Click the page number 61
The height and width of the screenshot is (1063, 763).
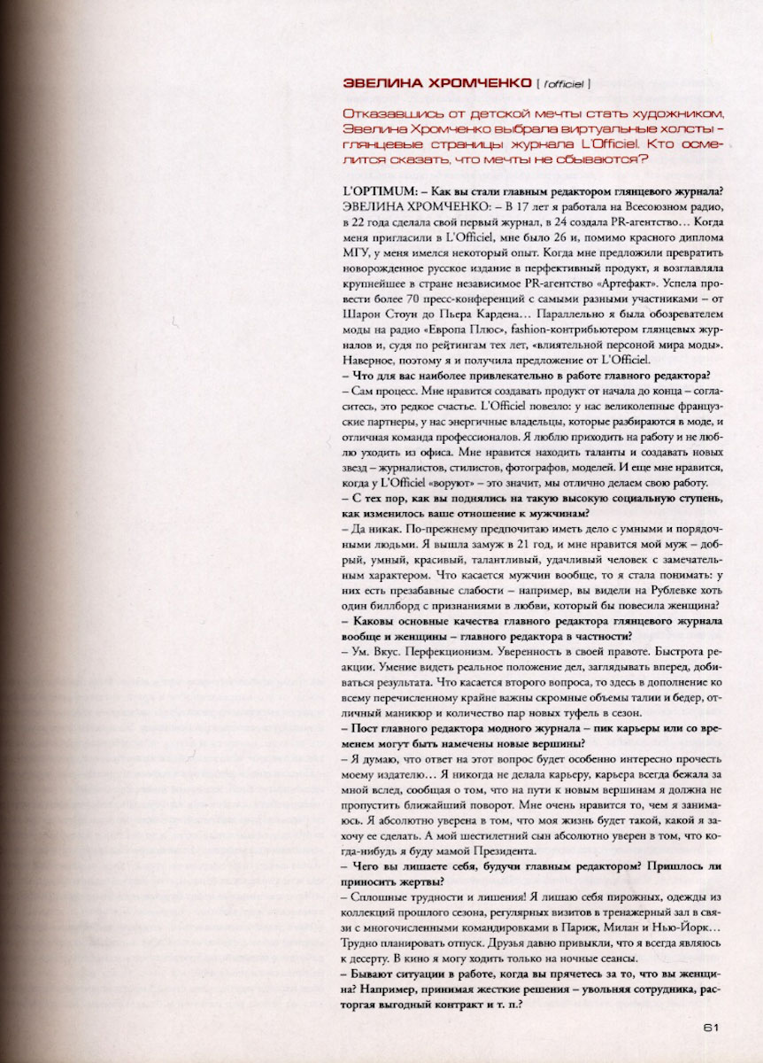pos(710,1028)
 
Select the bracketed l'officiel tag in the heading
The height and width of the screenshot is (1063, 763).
pos(564,85)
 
